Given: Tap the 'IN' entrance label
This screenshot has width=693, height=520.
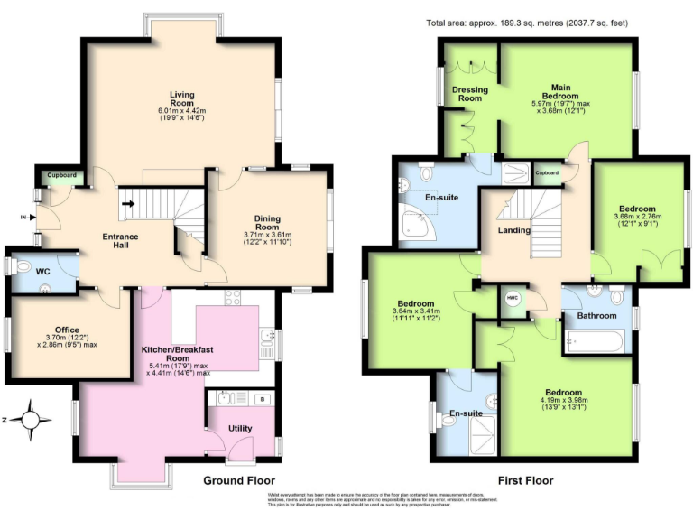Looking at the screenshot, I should point(23,217).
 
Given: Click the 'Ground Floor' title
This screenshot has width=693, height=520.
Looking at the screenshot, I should point(238,480).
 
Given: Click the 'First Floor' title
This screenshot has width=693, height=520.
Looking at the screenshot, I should point(526,480).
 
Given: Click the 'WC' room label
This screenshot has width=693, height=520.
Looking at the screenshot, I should point(42,271).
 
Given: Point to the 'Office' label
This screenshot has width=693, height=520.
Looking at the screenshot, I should point(66,330).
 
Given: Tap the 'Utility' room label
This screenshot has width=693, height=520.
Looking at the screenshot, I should point(240,428).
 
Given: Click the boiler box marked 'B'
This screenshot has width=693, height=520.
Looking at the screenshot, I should point(262,398).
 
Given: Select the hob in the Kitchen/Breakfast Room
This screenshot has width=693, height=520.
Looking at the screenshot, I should point(231,300).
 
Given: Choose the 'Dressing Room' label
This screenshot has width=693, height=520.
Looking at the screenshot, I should point(470,94).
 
